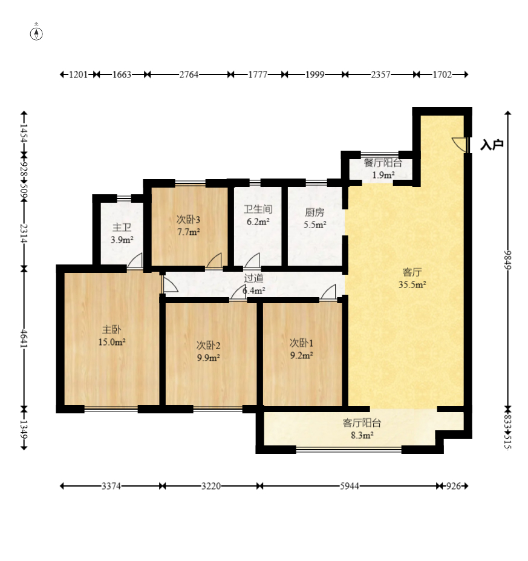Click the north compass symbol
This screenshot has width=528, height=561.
click(36, 32)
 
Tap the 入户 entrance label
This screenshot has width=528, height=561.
click(492, 145)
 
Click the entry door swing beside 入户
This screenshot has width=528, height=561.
click(460, 145)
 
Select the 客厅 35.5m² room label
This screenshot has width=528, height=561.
click(412, 278)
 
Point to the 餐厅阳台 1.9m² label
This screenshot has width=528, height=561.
click(383, 169)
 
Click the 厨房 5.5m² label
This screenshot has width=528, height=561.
click(315, 218)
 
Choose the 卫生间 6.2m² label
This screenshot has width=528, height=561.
click(258, 215)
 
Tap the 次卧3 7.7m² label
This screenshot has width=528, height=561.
click(188, 225)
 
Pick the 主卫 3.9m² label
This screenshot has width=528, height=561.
click(122, 234)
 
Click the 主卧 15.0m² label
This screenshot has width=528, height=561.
click(111, 336)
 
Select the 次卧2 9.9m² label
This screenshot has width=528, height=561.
click(208, 352)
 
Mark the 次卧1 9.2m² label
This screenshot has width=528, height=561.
click(301, 349)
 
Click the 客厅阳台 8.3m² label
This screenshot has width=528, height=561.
click(362, 429)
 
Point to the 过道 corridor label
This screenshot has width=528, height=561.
click(254, 278)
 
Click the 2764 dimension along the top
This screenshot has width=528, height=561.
click(189, 74)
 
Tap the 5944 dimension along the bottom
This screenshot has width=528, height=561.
click(349, 486)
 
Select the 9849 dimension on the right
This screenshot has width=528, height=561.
click(507, 260)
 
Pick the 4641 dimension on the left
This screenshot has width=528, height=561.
click(24, 338)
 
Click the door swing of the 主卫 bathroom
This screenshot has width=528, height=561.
click(135, 260)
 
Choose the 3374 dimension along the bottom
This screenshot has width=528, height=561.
click(111, 486)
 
